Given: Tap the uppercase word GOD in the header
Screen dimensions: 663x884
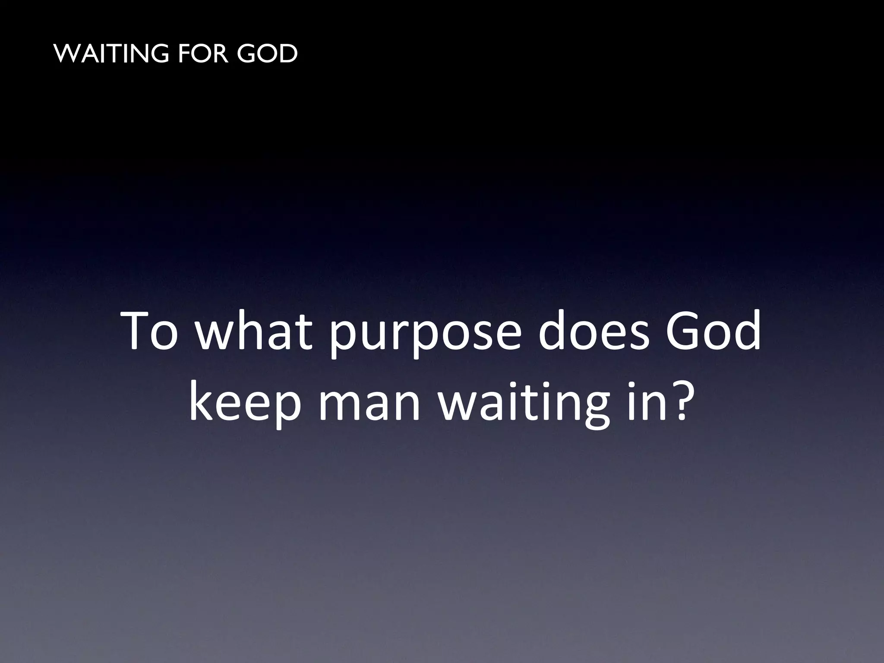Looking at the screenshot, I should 267,54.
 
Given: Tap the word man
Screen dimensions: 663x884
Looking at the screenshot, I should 369,406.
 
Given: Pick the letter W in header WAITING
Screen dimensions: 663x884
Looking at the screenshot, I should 68,54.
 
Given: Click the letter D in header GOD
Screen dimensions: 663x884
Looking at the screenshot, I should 287,54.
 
